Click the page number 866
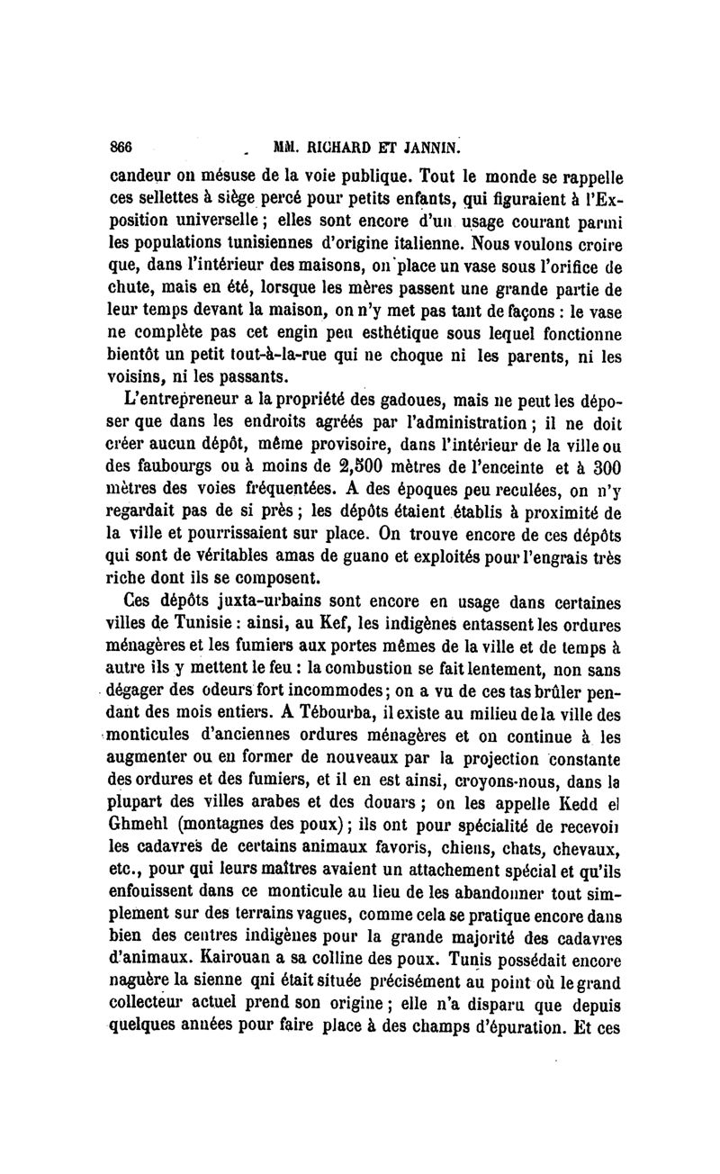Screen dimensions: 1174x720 121,146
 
